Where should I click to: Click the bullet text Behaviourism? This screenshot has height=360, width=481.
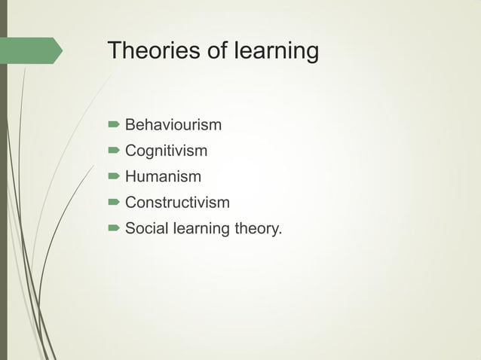click(x=173, y=124)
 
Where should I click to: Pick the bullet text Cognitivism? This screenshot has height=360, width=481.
click(x=166, y=151)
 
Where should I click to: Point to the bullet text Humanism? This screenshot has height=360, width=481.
click(x=163, y=177)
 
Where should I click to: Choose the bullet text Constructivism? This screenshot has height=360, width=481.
click(x=177, y=203)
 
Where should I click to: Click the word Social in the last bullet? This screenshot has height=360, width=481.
click(x=146, y=228)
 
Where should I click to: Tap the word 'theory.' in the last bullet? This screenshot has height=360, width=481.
click(x=257, y=229)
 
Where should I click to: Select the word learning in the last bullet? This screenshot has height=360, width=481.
click(x=200, y=229)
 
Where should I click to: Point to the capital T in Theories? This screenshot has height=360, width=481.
click(x=115, y=51)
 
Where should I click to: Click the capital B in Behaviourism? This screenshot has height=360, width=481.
click(x=130, y=124)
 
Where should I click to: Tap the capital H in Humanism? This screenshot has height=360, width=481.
click(x=130, y=177)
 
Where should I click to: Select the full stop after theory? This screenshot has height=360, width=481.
click(x=280, y=233)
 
